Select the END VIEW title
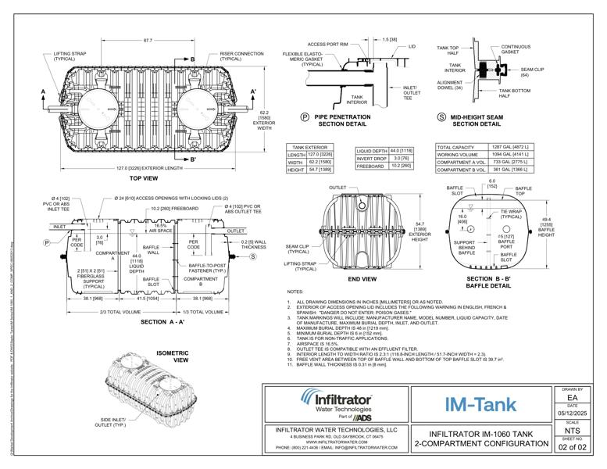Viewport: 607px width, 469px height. (x=362, y=279)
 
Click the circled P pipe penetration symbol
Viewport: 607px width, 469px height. (x=305, y=117)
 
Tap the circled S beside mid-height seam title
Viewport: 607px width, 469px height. (x=442, y=117)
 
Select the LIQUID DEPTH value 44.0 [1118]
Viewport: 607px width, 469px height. (x=402, y=149)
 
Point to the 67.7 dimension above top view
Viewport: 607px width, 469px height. (x=148, y=40)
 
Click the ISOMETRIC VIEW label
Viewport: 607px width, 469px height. (x=181, y=356)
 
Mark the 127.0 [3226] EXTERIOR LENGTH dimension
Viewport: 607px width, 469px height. (x=148, y=167)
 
